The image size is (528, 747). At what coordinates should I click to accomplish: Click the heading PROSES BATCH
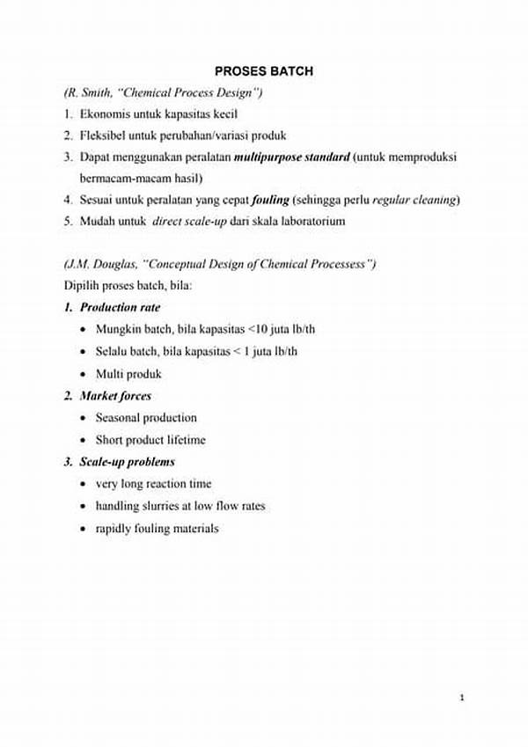(x=264, y=71)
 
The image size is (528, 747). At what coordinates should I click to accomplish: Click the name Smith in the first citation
(x=99, y=92)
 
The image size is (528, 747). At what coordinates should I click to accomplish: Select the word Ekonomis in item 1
(x=103, y=114)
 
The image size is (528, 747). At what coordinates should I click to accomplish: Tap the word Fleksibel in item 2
(x=104, y=135)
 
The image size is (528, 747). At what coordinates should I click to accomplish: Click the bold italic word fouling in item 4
(x=270, y=200)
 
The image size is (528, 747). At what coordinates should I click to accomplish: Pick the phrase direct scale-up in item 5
(x=189, y=222)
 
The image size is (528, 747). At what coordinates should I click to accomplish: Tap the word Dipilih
(x=83, y=286)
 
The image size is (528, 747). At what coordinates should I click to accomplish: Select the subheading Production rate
(x=120, y=308)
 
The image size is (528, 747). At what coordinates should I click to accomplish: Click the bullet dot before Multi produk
(x=83, y=374)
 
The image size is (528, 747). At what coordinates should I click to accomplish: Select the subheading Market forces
(x=115, y=396)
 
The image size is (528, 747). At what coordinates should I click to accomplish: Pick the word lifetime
(x=185, y=440)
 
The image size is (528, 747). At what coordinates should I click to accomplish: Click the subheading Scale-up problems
(x=127, y=462)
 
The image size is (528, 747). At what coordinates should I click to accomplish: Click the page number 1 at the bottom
(x=462, y=698)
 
